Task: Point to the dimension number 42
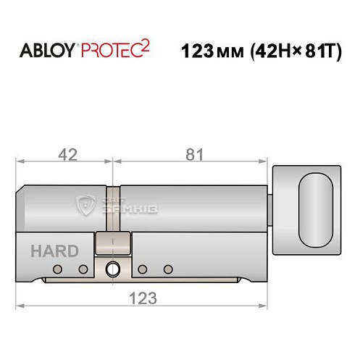(x=67, y=154)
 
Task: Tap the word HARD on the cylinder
(x=55, y=251)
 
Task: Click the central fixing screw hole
(x=112, y=269)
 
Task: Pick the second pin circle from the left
(x=83, y=269)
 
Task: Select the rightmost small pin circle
(x=168, y=269)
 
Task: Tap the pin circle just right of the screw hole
(x=142, y=269)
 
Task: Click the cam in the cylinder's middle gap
(x=113, y=243)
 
